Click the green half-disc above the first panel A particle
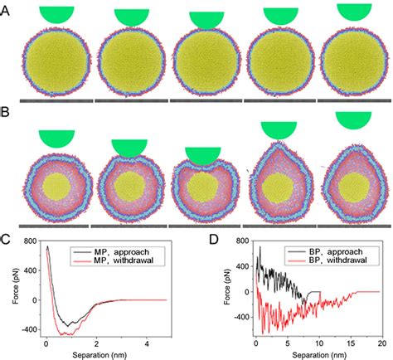click(x=55, y=13)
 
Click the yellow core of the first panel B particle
click(x=56, y=185)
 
